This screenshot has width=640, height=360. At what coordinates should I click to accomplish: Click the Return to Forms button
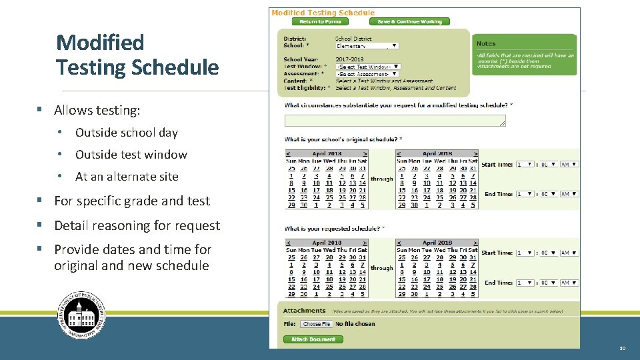pyautogui.click(x=320, y=21)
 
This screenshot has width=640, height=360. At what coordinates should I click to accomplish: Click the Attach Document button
pyautogui.click(x=313, y=339)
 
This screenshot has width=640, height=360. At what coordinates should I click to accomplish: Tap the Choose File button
pyautogui.click(x=317, y=324)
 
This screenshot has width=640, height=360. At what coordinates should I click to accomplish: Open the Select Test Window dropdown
pyautogui.click(x=368, y=67)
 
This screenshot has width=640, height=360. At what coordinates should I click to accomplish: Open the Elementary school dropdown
pyautogui.click(x=367, y=46)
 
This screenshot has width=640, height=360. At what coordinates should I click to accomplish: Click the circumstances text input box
pyautogui.click(x=395, y=121)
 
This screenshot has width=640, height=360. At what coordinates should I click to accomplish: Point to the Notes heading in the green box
pyautogui.click(x=486, y=44)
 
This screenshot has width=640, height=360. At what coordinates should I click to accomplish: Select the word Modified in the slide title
pyautogui.click(x=100, y=43)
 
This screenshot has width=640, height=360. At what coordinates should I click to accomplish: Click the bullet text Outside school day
pyautogui.click(x=127, y=133)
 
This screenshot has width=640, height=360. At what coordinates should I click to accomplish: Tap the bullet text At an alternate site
pyautogui.click(x=127, y=177)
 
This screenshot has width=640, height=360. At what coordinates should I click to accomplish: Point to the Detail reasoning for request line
pyautogui.click(x=137, y=225)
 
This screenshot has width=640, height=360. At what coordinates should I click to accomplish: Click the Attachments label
pyautogui.click(x=304, y=311)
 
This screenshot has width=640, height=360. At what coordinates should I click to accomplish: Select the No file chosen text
pyautogui.click(x=355, y=324)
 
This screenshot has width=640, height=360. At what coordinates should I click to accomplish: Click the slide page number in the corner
pyautogui.click(x=622, y=348)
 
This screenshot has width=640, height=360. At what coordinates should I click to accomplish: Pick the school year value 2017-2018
pyautogui.click(x=350, y=59)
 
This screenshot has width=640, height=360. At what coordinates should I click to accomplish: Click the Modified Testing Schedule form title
pyautogui.click(x=323, y=13)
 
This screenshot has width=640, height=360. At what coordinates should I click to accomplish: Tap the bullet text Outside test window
pyautogui.click(x=131, y=155)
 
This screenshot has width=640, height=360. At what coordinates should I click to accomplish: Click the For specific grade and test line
pyautogui.click(x=131, y=201)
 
